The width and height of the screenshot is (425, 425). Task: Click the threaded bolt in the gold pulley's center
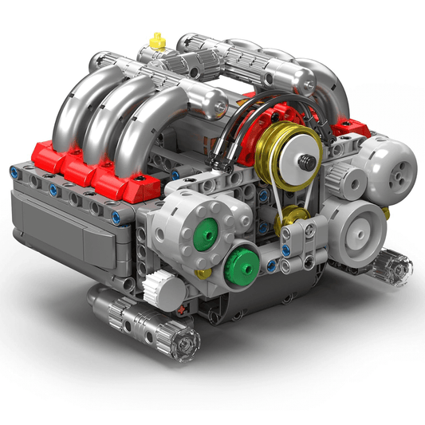pos(305,160)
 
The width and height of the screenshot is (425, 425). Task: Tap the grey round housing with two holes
pos(393,166)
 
